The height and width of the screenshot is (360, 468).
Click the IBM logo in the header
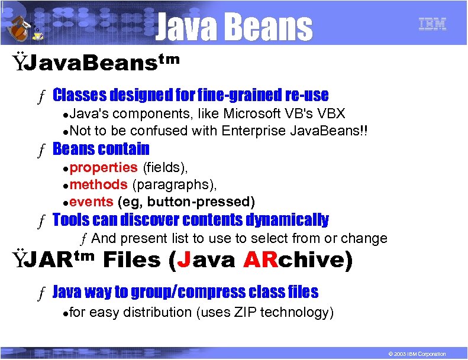432,24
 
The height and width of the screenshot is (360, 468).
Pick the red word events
92,202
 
